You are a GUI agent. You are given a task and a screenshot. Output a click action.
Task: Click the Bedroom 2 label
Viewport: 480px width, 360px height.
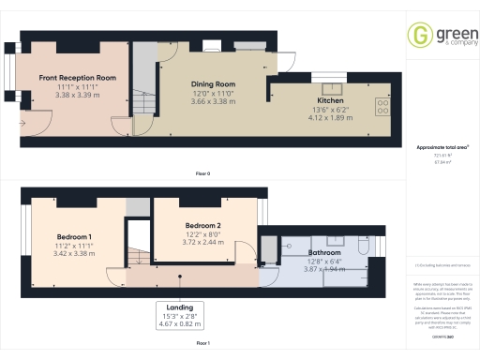202,226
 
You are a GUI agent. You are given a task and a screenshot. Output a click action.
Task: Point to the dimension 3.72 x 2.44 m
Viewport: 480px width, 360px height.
202,242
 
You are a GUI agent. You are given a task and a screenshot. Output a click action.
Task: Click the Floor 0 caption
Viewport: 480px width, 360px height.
202,174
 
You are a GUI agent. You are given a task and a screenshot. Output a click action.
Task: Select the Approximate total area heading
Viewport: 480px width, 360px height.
442,147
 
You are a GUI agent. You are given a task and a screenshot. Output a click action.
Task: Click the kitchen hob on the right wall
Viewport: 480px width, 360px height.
382,104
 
